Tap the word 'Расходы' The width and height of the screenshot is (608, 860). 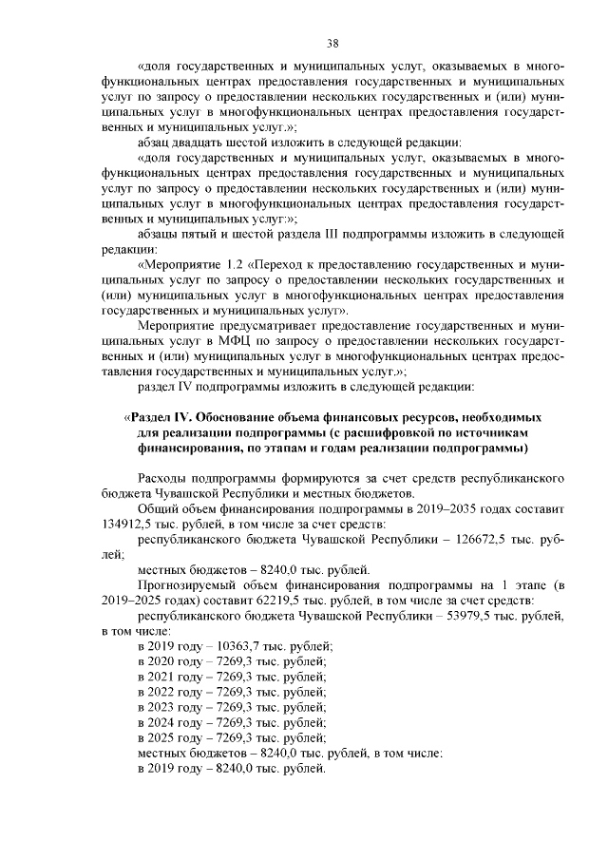click(164, 478)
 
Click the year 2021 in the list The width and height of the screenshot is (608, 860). click(169, 676)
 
